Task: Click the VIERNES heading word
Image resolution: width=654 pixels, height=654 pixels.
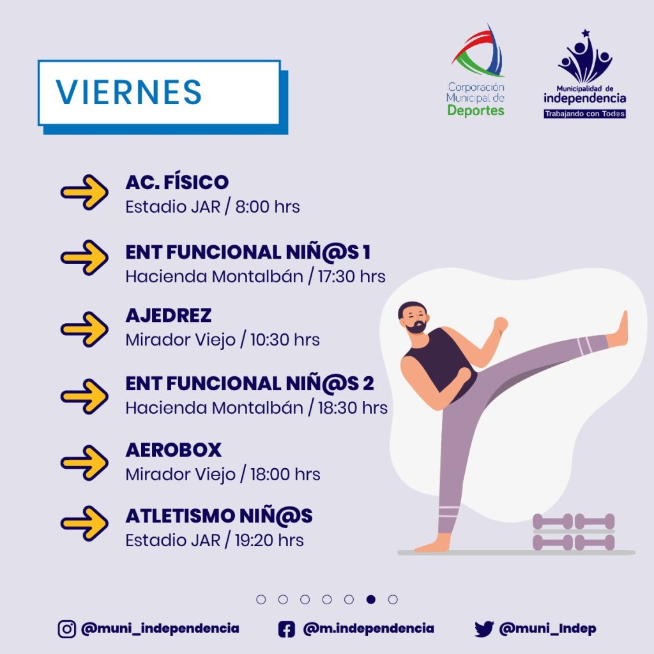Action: (x=129, y=92)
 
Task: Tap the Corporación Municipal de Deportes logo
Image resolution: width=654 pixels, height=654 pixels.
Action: (x=476, y=70)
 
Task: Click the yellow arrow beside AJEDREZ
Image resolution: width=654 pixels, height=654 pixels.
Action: (x=84, y=329)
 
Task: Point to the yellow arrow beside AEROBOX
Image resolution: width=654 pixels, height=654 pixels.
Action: (x=84, y=462)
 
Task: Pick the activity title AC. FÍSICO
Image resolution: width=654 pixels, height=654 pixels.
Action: (x=177, y=182)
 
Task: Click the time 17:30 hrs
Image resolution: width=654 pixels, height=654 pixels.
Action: (x=352, y=277)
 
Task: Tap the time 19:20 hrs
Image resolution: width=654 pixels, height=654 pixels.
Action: (x=269, y=540)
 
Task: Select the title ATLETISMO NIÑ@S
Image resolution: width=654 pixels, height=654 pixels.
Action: (x=219, y=516)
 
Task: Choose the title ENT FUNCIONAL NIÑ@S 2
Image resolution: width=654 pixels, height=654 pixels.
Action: (x=250, y=383)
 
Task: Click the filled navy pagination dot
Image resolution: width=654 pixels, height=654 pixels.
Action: (x=371, y=599)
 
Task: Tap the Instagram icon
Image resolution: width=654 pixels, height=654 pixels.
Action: (x=66, y=629)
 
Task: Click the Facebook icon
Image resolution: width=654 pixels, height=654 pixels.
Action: (x=287, y=629)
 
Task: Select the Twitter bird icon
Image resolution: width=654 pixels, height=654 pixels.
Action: (x=484, y=629)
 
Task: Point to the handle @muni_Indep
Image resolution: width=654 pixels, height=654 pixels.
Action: (x=547, y=628)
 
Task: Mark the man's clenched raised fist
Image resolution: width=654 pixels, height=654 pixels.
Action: (x=501, y=324)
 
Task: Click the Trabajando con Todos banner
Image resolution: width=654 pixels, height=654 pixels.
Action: (x=585, y=114)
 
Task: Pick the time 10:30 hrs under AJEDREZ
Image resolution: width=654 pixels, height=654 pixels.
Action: (x=285, y=340)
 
